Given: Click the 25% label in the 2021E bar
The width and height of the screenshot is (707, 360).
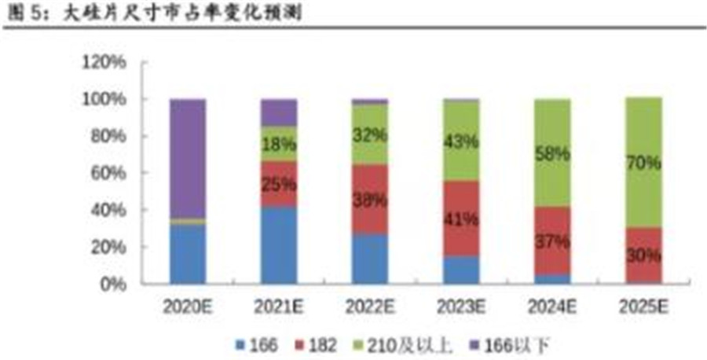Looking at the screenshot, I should pos(279,185).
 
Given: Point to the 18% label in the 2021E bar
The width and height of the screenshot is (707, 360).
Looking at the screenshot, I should pos(279,145).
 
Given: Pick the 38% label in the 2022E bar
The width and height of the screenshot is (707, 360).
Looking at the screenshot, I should pos(369,200).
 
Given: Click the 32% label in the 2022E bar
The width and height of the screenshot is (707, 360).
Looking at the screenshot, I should pos(369,134).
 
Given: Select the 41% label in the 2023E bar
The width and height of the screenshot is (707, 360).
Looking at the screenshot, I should pos(461,219).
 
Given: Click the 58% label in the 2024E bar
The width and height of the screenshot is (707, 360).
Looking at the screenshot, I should pos(552,154).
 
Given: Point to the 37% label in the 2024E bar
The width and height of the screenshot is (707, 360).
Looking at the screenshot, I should pos(552,242).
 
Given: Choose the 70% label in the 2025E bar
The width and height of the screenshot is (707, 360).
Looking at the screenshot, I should pos(643,164).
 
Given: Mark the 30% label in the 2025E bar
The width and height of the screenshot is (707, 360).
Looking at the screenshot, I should pos(643,255).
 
